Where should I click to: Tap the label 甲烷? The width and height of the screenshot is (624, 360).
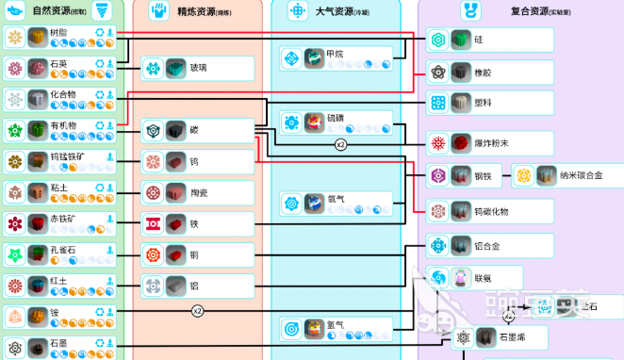[x=335, y=55]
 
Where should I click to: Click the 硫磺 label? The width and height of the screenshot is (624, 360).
[x=337, y=119]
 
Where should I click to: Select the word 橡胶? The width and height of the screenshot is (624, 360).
[x=484, y=71]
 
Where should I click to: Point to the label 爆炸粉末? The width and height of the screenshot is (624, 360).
[x=492, y=143]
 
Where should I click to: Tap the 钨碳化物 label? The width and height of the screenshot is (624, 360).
[x=495, y=209]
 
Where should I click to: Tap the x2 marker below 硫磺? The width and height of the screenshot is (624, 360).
[x=340, y=145]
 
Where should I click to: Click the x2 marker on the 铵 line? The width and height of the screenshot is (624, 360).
[x=198, y=310]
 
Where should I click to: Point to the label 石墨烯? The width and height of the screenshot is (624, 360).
[x=514, y=336]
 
